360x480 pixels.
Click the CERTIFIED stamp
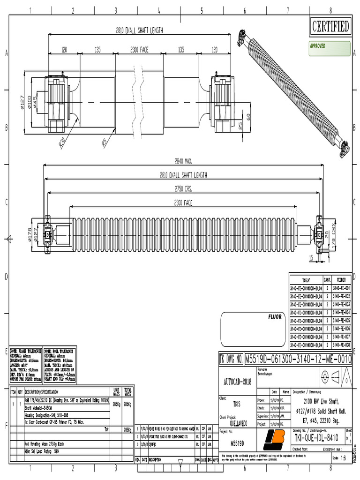331,27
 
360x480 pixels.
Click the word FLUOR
275,317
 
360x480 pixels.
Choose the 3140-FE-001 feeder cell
341,287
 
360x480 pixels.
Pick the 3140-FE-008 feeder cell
341,345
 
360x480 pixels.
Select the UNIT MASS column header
116,391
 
